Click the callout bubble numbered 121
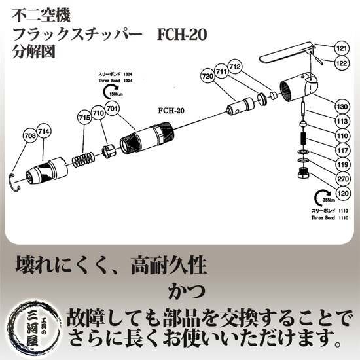(x=341, y=48)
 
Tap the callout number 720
(x=208, y=77)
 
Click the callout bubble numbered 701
(x=111, y=108)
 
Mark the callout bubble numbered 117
(x=341, y=149)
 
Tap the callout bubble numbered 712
(x=236, y=67)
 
